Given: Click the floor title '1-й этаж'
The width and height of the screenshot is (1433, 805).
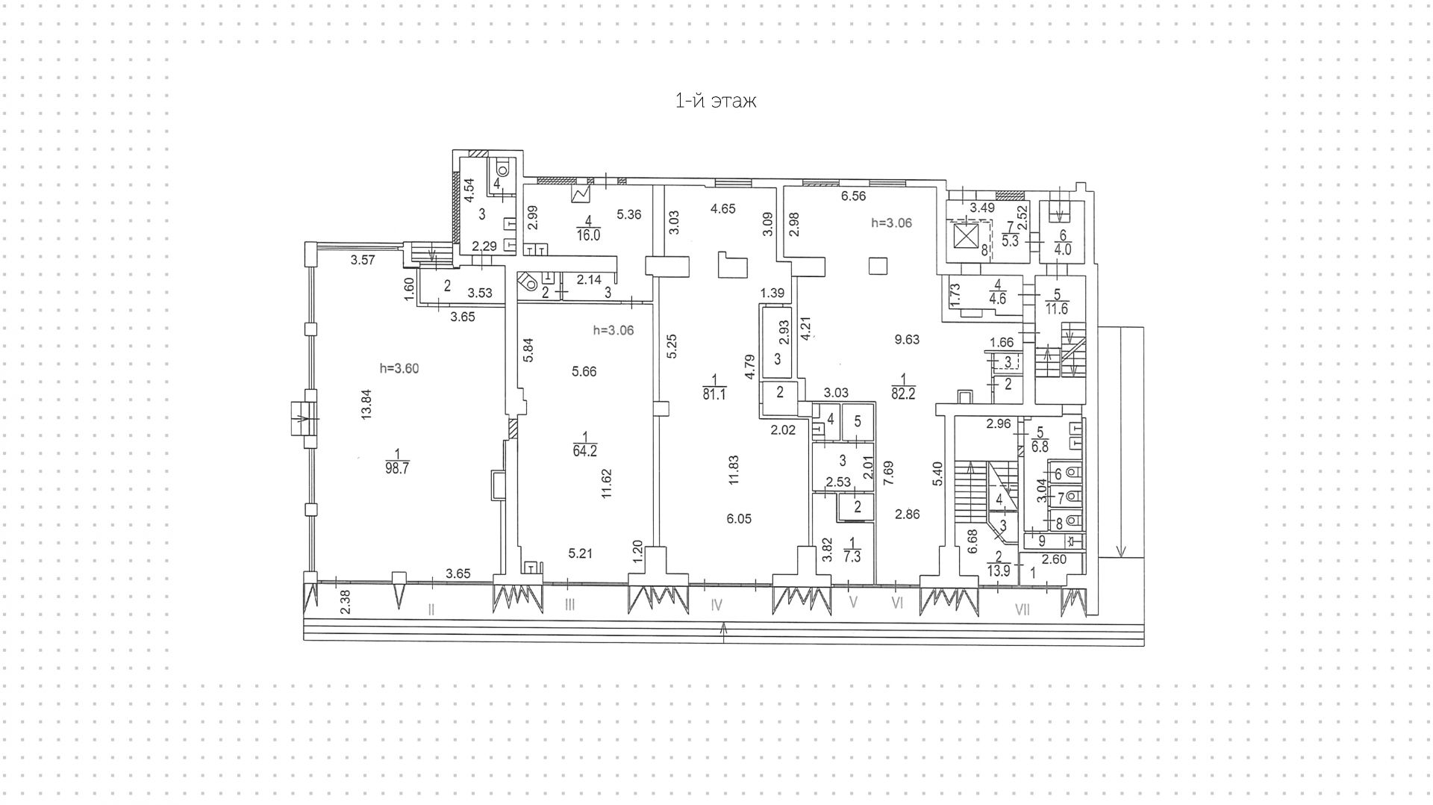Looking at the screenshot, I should point(715,101).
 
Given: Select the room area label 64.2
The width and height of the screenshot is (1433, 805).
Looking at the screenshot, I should point(584,450).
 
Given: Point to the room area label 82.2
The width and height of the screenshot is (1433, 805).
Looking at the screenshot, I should point(902,394).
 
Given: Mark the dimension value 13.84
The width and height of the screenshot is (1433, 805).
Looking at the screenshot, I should point(366,405).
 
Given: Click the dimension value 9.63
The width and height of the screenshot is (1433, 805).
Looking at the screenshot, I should point(907,339).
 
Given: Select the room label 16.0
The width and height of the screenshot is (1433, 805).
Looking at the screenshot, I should point(588,234).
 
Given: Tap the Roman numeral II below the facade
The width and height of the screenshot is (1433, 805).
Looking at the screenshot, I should point(431,609).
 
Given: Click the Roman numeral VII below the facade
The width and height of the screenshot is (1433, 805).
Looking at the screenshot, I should point(1022,609).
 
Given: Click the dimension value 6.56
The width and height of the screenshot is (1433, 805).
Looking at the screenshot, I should point(854,196).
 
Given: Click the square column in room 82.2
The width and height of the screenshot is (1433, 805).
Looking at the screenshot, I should point(878,266).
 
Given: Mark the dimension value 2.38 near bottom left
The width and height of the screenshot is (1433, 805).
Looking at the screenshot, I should point(345,603).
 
